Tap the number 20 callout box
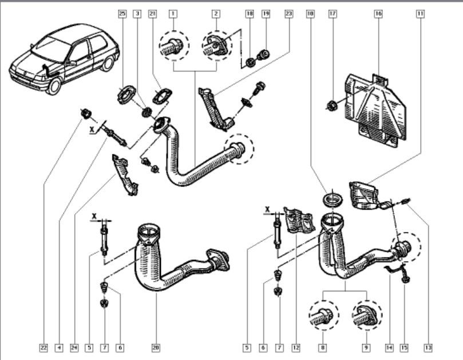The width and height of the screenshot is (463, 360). (x=156, y=347)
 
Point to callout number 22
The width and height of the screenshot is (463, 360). (x=43, y=347)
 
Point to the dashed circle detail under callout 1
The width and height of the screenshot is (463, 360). (x=172, y=43)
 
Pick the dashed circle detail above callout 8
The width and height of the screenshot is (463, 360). (x=323, y=314)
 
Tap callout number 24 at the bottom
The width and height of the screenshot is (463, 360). (x=74, y=347)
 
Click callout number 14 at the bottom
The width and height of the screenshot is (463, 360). (x=389, y=347)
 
